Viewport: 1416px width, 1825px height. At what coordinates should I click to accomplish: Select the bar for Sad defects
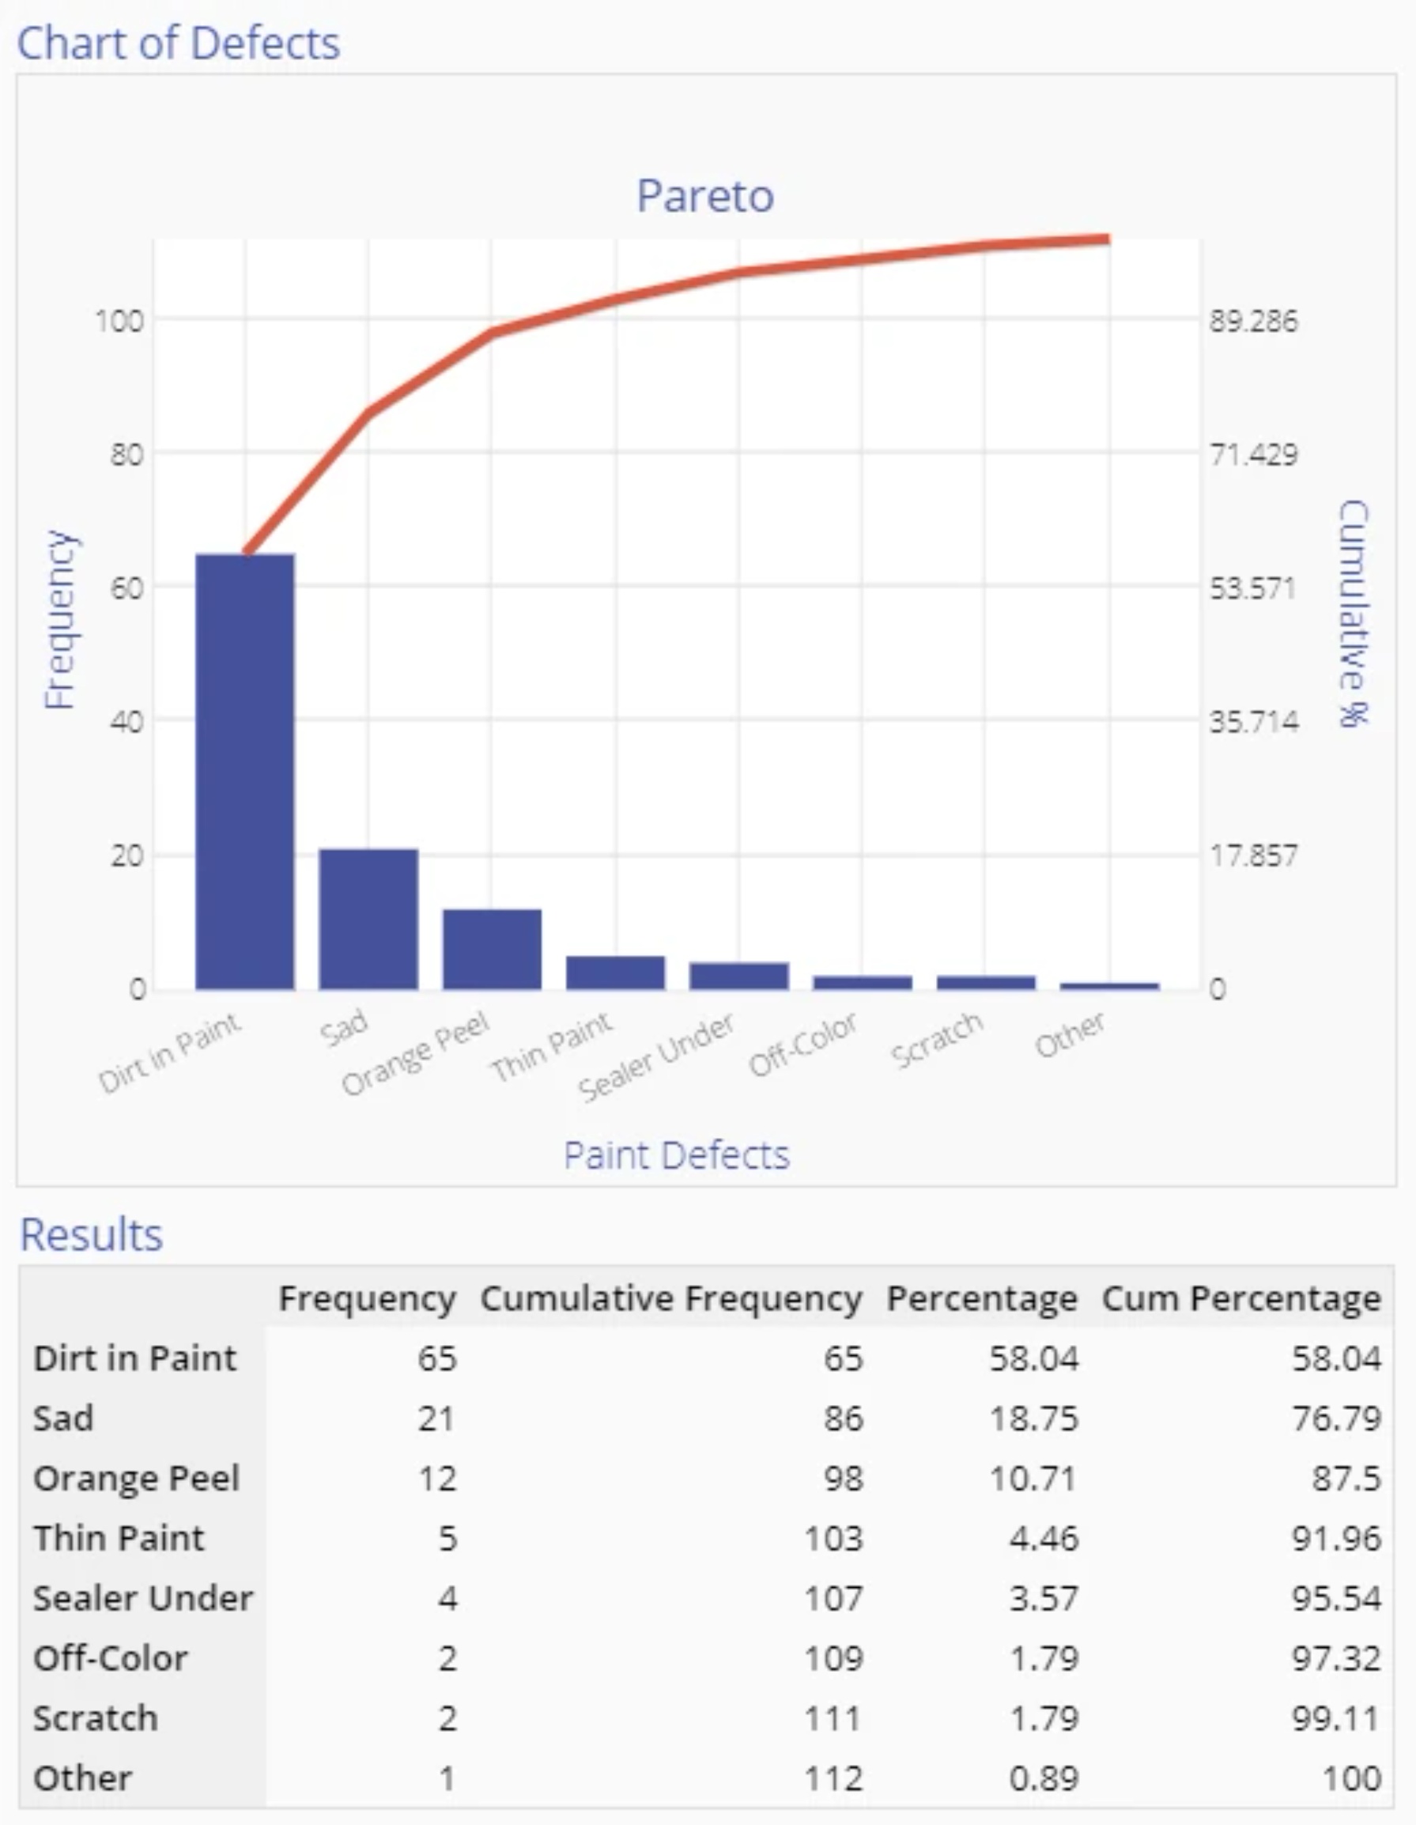pyautogui.click(x=368, y=918)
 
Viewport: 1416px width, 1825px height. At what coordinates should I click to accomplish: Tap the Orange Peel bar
pyautogui.click(x=492, y=948)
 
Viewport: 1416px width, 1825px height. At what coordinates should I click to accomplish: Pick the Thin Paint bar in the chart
pyautogui.click(x=616, y=972)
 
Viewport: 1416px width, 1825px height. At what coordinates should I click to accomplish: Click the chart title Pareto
pyautogui.click(x=705, y=196)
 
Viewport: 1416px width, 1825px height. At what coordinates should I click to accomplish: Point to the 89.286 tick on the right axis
pyautogui.click(x=1253, y=321)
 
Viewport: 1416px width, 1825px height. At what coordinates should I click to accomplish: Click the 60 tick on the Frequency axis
pyautogui.click(x=126, y=588)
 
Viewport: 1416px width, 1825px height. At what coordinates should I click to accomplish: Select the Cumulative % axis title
pyautogui.click(x=1354, y=614)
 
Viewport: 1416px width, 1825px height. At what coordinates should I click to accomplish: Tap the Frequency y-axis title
pyautogui.click(x=60, y=619)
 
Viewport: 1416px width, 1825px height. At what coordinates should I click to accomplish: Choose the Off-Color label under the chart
pyautogui.click(x=802, y=1045)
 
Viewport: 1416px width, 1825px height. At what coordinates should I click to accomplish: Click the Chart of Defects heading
pyautogui.click(x=179, y=43)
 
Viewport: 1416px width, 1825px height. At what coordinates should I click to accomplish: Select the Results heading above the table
pyautogui.click(x=91, y=1235)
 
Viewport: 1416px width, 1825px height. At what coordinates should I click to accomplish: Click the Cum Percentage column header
pyautogui.click(x=1240, y=1298)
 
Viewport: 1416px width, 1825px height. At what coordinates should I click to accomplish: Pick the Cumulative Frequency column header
pyautogui.click(x=670, y=1298)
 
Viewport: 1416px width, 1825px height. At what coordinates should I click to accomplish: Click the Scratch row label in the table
pyautogui.click(x=95, y=1718)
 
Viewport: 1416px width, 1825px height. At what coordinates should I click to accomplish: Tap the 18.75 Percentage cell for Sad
pyautogui.click(x=1033, y=1419)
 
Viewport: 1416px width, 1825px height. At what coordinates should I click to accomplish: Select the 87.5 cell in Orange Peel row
pyautogui.click(x=1346, y=1478)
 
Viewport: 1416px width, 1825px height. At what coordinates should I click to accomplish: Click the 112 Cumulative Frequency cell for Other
pyautogui.click(x=833, y=1778)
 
